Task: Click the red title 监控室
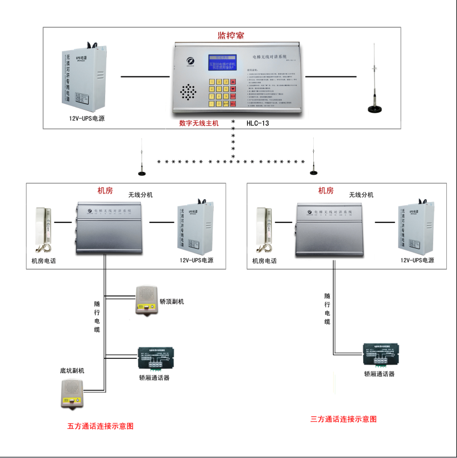tap(230, 35)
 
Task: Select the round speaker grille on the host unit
tap(189, 92)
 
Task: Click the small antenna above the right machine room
tap(312, 156)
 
